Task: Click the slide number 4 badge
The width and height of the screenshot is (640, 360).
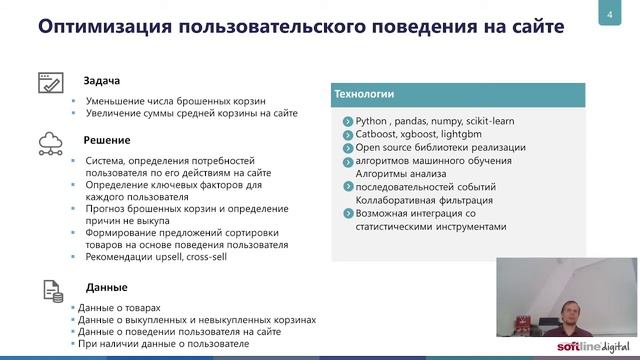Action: pos(610,15)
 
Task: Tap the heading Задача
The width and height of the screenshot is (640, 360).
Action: pos(103,80)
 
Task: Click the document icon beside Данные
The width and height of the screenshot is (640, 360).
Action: pos(51,290)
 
